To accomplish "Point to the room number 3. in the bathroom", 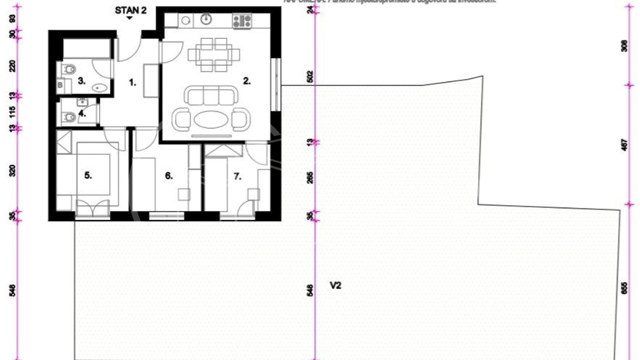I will [81, 81].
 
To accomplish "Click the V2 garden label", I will [336, 285].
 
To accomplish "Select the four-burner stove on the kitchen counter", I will [241, 21].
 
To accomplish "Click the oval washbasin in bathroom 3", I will [101, 86].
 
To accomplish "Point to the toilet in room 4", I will [69, 117].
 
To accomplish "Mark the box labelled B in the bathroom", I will [60, 85].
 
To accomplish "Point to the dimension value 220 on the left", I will [12, 66].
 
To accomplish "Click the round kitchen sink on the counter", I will [185, 21].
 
